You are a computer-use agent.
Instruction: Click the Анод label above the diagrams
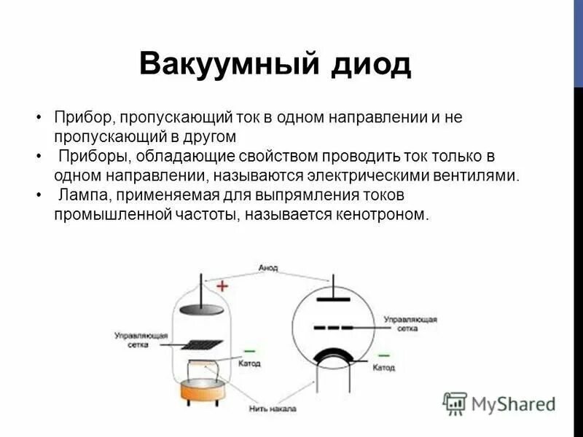[268, 268]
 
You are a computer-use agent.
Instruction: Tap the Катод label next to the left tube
[249, 363]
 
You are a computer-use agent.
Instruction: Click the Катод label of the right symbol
[383, 368]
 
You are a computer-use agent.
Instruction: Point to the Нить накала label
[271, 409]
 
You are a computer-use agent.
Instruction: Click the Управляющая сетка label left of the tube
[141, 340]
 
